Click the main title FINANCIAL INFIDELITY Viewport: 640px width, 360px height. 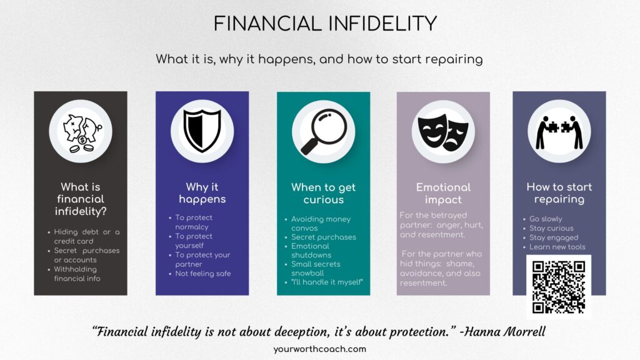324,23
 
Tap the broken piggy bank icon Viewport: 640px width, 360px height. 81,131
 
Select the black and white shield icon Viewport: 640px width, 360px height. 202,131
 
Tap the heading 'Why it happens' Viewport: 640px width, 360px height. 202,193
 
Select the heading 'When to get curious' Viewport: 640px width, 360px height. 323,193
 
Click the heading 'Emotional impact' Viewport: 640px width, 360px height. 443,193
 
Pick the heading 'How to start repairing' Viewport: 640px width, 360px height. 559,193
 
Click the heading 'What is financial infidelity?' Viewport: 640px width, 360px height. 81,199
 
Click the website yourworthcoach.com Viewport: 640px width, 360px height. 319,349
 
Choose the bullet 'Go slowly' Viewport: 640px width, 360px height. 546,219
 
